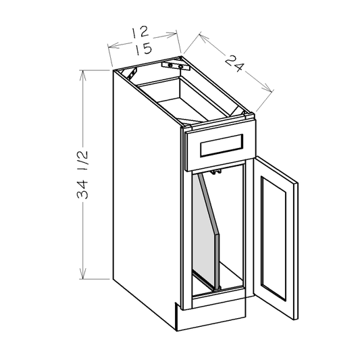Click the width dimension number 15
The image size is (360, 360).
point(141,50)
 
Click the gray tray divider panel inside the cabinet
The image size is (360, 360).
point(205,230)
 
